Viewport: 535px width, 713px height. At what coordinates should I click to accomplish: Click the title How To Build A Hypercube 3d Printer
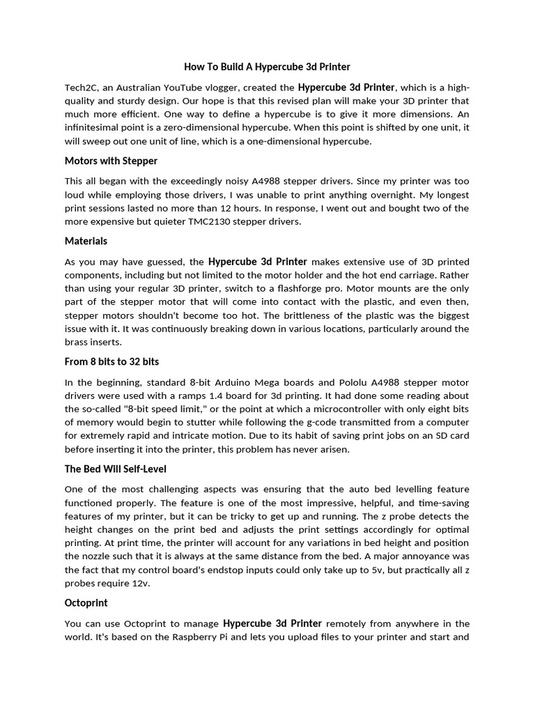[267, 67]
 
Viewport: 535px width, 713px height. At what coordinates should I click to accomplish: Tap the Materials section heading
[86, 241]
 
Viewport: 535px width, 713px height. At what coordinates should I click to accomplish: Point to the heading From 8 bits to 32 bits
[112, 361]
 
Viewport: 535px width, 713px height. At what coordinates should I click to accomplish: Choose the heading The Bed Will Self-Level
[116, 469]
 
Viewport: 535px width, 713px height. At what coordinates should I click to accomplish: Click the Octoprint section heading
[86, 602]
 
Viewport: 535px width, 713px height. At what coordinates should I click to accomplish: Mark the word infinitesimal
[99, 128]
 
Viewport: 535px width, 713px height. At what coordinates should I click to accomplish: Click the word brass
[77, 342]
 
